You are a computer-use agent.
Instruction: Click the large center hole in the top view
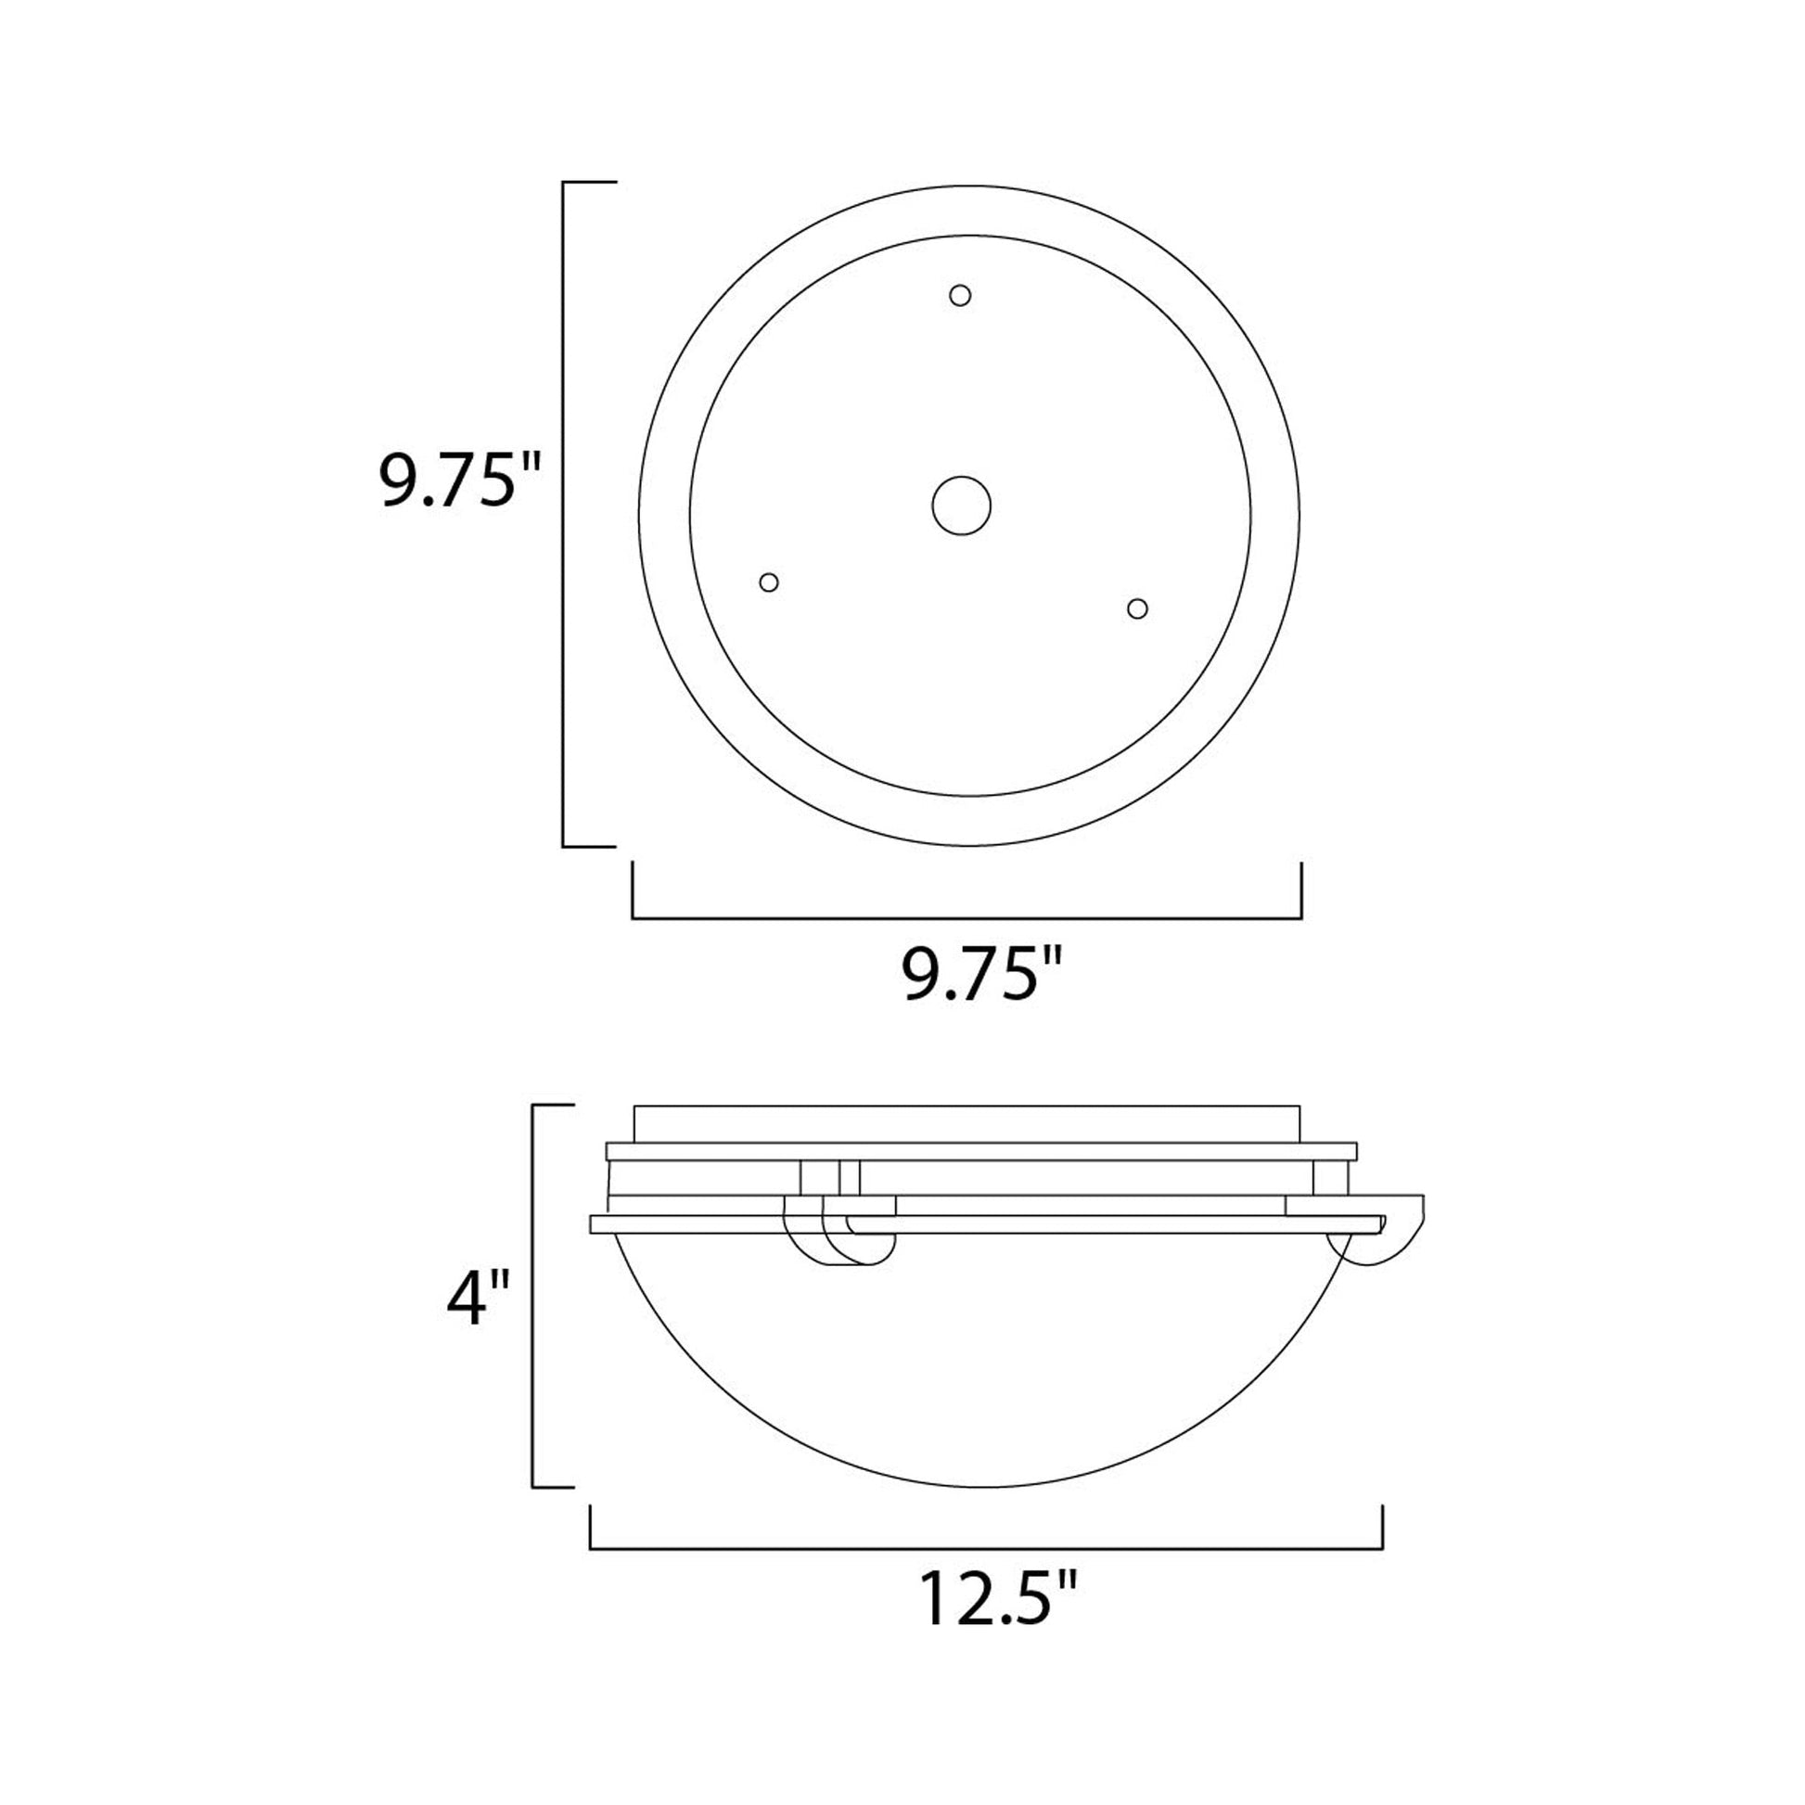961,506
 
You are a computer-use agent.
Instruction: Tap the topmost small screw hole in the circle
959,296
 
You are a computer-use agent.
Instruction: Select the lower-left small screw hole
769,583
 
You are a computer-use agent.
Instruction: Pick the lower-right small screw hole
1137,609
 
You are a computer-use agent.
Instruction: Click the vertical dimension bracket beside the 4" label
533,1309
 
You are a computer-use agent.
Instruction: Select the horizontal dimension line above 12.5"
986,1549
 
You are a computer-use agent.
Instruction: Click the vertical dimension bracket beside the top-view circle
563,514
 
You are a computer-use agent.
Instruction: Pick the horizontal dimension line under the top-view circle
967,918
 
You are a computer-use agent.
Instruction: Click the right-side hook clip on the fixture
1392,1237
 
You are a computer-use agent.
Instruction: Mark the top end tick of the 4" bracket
552,1106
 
